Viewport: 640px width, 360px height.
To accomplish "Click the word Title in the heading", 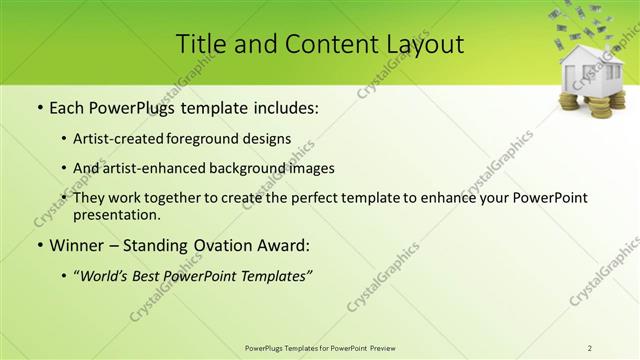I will (x=201, y=44).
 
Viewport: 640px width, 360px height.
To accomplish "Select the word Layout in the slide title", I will (x=422, y=44).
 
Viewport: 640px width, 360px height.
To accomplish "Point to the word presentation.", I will (x=116, y=214).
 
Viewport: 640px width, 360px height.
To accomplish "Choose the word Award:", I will (x=282, y=244).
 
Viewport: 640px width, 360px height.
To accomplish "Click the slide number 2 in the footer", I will (x=590, y=348).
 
